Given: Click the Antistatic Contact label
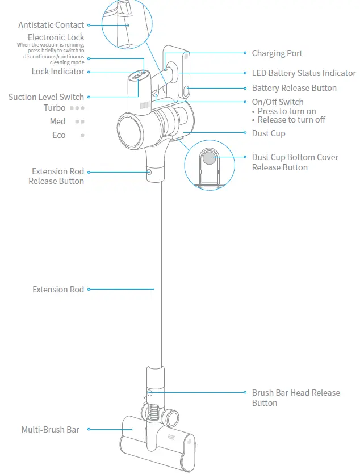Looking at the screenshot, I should pyautogui.click(x=51, y=25).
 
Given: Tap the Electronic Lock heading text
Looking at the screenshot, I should pyautogui.click(x=56, y=37).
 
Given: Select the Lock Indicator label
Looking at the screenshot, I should pyautogui.click(x=58, y=72).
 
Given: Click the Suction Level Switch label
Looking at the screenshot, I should pyautogui.click(x=46, y=97).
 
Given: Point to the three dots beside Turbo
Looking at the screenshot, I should pyautogui.click(x=77, y=108).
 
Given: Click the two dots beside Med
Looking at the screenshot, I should pyautogui.click(x=80, y=121).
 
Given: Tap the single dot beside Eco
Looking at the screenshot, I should pyautogui.click(x=82, y=135).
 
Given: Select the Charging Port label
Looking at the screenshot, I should pyautogui.click(x=277, y=53).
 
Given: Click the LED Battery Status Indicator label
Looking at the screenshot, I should pyautogui.click(x=304, y=73).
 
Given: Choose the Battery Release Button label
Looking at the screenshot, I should pyautogui.click(x=294, y=88).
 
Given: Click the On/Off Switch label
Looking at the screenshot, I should pyautogui.click(x=278, y=102).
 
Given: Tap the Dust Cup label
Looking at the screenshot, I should pyautogui.click(x=269, y=133).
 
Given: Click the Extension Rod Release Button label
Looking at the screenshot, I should pyautogui.click(x=58, y=176).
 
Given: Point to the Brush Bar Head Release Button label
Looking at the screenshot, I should pyautogui.click(x=296, y=398).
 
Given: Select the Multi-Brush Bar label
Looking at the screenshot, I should pyautogui.click(x=51, y=430).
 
